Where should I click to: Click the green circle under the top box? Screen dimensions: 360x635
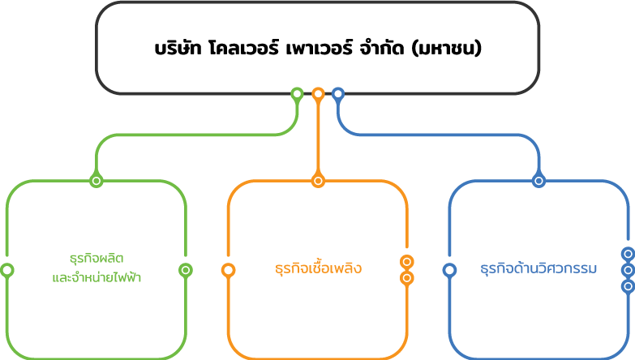298,94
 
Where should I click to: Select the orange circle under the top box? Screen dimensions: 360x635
318,94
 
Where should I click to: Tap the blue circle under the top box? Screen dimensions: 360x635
338,94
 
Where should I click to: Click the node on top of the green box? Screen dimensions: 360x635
97,181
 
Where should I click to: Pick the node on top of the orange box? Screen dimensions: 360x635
318,181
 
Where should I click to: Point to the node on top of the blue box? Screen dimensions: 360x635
538,181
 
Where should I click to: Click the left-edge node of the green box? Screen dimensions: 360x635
6,270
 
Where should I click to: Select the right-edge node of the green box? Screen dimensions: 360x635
186,270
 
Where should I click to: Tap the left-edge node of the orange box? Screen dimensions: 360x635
228,270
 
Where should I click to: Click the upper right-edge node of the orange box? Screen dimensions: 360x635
407,262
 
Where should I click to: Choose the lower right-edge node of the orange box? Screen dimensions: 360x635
407,278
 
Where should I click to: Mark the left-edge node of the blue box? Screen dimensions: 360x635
449,270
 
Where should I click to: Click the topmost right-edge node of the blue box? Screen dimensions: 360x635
627,254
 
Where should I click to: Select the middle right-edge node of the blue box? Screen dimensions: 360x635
627,270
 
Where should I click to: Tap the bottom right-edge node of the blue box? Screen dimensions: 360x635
627,286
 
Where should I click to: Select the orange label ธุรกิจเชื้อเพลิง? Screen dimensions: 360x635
318,268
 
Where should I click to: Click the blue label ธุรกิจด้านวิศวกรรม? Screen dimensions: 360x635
538,268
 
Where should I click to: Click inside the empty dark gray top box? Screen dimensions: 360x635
318,47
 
